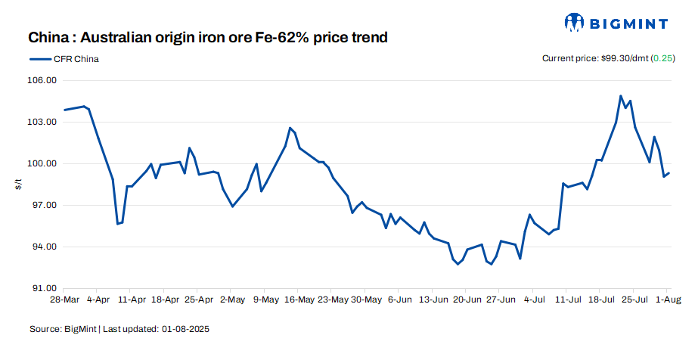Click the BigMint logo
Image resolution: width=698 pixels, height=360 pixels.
tap(616, 22)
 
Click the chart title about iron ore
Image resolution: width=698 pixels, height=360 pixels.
tap(208, 37)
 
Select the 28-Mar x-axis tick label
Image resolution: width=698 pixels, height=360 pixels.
tap(65, 299)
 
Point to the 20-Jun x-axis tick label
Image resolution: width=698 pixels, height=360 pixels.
tap(467, 299)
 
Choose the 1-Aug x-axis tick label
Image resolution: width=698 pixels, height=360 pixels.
tap(667, 299)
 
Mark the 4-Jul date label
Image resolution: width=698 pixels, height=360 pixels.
tap(533, 299)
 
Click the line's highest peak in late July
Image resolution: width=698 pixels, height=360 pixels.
tap(621, 96)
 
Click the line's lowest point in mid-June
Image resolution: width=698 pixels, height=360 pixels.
tap(458, 265)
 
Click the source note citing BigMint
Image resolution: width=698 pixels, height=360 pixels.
tap(119, 329)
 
